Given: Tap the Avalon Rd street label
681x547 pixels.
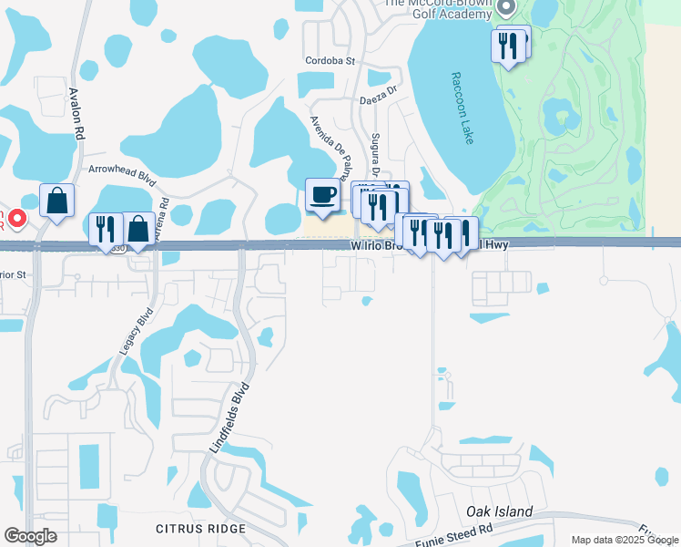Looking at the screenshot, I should pos(78,113).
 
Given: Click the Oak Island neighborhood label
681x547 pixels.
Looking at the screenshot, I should pos(500,511).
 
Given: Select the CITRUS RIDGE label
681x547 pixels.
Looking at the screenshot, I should pos(200,529).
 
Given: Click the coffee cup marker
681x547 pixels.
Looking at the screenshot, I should pos(321,194).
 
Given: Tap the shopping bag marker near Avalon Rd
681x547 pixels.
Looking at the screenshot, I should pos(56,201).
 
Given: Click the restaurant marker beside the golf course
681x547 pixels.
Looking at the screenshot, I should pos(507,45).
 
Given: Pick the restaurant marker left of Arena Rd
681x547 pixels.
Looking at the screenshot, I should pos(106,228).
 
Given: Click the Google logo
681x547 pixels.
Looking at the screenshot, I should pos(30,536).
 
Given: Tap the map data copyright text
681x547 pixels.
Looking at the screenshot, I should pos(625,540).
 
